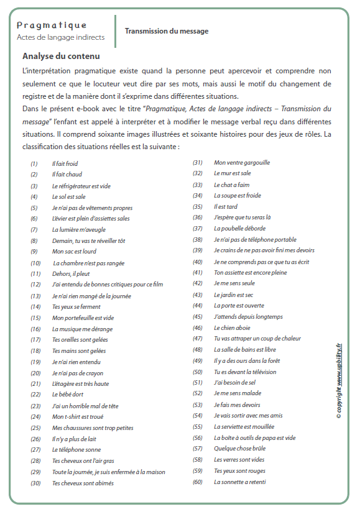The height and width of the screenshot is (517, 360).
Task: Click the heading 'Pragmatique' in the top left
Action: click(52, 25)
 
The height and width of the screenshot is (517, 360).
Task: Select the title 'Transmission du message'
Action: click(167, 31)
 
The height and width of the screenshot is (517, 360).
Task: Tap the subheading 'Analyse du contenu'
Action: click(61, 56)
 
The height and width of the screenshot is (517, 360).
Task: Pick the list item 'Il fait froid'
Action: click(65, 163)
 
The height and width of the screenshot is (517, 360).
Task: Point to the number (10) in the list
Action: click(35, 263)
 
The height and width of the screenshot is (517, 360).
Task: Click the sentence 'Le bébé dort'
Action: click(68, 395)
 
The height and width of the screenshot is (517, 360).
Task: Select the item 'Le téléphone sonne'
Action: click(76, 449)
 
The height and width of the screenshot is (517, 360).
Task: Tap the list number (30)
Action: click(35, 482)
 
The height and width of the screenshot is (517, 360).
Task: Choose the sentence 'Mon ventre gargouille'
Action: click(241, 163)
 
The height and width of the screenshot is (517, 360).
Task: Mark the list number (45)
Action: click(198, 316)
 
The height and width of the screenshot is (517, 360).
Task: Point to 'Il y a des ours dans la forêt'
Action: click(247, 360)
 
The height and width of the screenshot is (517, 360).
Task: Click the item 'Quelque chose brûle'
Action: click(239, 449)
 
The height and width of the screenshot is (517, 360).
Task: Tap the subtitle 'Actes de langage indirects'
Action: click(60, 37)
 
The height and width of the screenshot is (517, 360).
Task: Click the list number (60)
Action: click(198, 482)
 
